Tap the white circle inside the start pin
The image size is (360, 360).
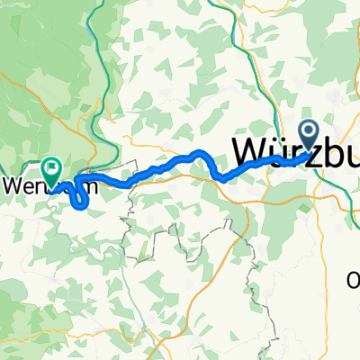[309, 133]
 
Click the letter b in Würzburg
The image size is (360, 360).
[321, 153]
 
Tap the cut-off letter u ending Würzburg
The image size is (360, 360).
[346, 155]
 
